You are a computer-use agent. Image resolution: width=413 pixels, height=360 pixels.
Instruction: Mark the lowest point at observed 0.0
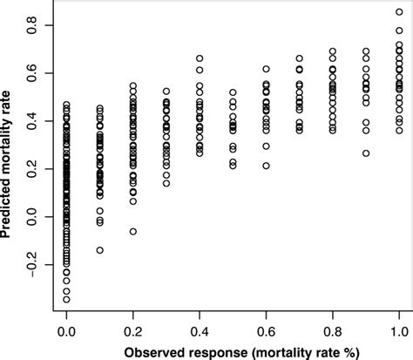point(66,299)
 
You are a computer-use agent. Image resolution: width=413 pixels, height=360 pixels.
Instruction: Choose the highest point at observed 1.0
point(399,12)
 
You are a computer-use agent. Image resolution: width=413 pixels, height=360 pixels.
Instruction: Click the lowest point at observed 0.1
point(99,250)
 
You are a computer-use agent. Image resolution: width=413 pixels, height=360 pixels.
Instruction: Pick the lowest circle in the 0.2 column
point(133,231)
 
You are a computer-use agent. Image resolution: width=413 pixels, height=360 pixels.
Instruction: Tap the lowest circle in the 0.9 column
point(366,153)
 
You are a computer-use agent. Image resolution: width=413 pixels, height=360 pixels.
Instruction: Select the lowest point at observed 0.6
point(266,166)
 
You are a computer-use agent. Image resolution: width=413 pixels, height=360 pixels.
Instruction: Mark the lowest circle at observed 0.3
point(166,183)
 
